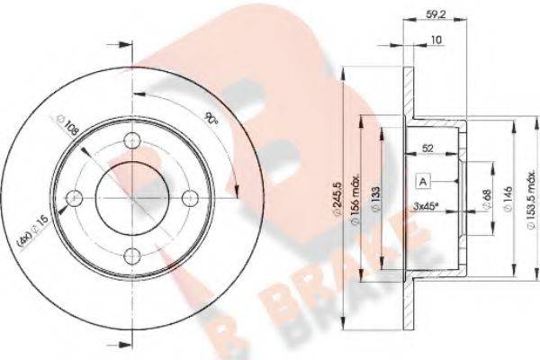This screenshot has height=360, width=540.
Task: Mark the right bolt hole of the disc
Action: coord(190,197)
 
